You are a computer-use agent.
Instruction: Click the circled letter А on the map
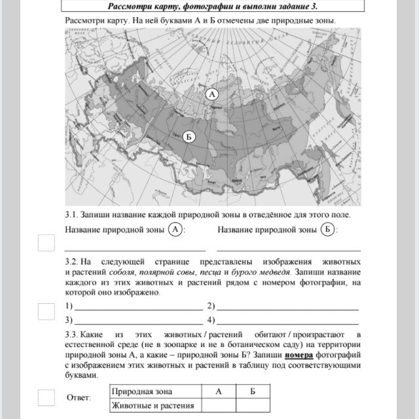coord(211,94)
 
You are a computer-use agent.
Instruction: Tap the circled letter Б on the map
coord(189,137)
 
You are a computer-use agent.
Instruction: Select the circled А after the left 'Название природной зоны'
coord(175,229)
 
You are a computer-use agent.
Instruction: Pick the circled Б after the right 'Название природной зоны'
coord(328,229)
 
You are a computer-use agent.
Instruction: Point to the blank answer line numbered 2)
coord(288,306)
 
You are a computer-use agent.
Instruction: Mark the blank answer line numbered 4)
coord(288,321)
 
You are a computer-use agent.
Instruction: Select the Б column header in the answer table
coord(253,392)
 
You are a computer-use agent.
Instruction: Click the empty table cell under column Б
coord(253,405)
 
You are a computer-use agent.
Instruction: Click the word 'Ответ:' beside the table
coord(79,398)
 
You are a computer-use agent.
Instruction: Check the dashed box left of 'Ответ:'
coord(46,397)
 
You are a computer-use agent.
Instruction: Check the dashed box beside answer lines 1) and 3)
coord(46,312)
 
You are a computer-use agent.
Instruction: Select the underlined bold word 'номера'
coord(299,355)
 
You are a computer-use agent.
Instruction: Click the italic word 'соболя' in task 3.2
coord(135,272)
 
